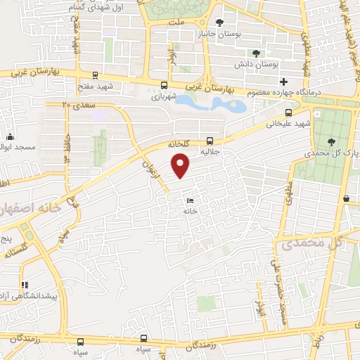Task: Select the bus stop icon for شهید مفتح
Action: (x=95, y=77)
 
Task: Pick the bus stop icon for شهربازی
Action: (x=164, y=84)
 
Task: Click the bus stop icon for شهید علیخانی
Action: (x=288, y=112)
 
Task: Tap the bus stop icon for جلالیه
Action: (x=210, y=139)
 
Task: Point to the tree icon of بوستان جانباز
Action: (x=220, y=22)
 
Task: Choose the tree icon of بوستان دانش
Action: (x=255, y=53)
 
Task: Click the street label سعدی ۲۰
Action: (x=76, y=105)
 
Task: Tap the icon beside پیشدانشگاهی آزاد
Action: (x=25, y=285)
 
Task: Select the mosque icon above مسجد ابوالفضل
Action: (x=10, y=138)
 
